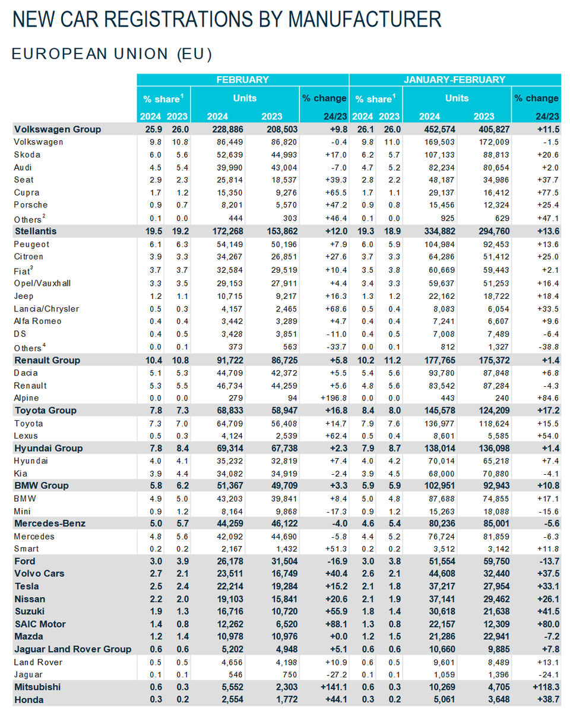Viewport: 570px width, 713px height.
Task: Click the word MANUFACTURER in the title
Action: (x=365, y=19)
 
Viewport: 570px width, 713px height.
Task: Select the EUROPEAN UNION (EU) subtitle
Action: (x=112, y=54)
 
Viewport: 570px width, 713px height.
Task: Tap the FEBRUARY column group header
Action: (x=242, y=80)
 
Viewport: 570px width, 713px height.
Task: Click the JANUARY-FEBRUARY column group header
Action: (x=455, y=80)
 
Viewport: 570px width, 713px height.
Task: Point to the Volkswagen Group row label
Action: (x=58, y=130)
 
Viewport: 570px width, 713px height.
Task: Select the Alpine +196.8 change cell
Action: (x=333, y=398)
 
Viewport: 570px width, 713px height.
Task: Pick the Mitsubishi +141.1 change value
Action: (x=333, y=687)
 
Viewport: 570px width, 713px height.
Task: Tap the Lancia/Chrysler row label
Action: (x=47, y=309)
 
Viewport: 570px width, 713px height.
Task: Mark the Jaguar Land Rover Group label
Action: (x=72, y=649)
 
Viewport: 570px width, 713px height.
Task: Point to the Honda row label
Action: (x=28, y=700)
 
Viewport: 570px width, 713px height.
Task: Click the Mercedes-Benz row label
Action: (x=49, y=523)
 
